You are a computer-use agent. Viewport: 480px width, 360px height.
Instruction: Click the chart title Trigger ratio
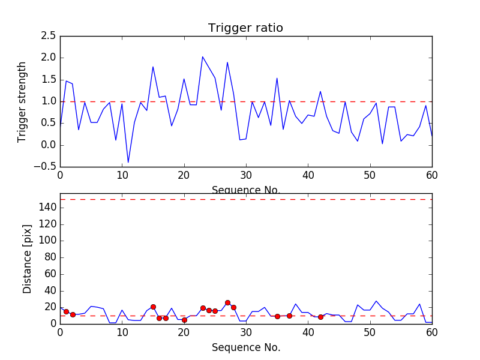click(245, 28)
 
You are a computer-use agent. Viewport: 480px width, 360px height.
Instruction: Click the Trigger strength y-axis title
click(22, 101)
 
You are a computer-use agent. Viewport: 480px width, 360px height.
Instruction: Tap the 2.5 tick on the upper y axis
click(48, 36)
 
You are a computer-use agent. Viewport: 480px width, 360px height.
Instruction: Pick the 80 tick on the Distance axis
click(49, 257)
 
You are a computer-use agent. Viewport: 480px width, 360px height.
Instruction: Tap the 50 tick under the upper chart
click(370, 176)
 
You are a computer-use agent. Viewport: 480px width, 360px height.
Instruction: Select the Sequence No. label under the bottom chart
click(245, 347)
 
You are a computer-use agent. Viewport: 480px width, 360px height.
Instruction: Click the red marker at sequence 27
click(227, 303)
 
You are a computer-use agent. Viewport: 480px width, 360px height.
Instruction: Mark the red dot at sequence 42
click(320, 317)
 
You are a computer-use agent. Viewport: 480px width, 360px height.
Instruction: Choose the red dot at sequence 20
click(184, 320)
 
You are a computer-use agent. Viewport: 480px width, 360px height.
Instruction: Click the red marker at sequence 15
click(153, 307)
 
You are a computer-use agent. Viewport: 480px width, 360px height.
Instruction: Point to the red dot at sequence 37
click(289, 316)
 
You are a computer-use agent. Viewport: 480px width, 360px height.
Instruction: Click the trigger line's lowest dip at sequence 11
click(128, 162)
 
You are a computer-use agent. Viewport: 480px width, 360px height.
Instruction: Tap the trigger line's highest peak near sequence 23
click(203, 57)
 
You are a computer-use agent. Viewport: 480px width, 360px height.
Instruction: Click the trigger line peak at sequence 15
click(153, 67)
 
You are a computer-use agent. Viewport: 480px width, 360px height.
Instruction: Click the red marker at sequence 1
click(66, 311)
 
